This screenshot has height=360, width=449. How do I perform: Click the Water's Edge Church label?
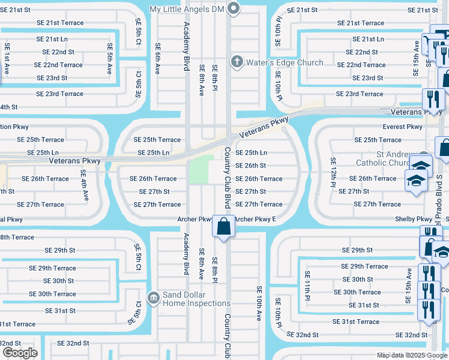click(x=285, y=62)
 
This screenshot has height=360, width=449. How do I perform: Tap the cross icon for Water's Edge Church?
click(x=237, y=62)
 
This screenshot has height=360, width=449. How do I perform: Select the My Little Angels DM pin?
click(x=234, y=9)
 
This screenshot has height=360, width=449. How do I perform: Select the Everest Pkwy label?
click(x=403, y=127)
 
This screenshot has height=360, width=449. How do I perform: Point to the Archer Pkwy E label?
click(x=255, y=219)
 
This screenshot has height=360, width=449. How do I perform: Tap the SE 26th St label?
click(x=250, y=166)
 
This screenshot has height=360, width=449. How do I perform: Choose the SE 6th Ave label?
click(x=158, y=59)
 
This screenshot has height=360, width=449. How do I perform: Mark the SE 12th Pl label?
click(x=332, y=172)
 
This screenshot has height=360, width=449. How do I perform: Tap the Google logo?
click(x=20, y=353)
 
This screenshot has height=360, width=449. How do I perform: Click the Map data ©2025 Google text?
click(x=412, y=355)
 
